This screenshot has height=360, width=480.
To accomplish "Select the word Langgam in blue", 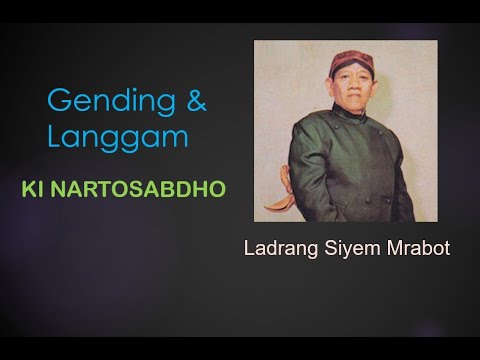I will click(x=118, y=136).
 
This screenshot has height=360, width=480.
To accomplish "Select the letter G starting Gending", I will click(x=58, y=99).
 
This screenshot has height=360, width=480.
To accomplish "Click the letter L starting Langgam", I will click(x=54, y=136).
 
